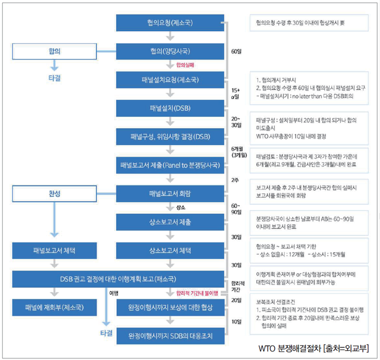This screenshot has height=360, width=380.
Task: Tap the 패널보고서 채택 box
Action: [x=54, y=250]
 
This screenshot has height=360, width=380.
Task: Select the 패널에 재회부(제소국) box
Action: [x=54, y=308]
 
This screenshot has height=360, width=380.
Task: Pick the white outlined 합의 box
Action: [x=54, y=51]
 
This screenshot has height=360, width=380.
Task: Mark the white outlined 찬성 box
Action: [x=54, y=193]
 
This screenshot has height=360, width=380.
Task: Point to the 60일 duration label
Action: [x=236, y=52]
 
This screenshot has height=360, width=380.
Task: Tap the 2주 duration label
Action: [x=235, y=180]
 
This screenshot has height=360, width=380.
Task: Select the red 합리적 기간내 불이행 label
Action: [x=193, y=293]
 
